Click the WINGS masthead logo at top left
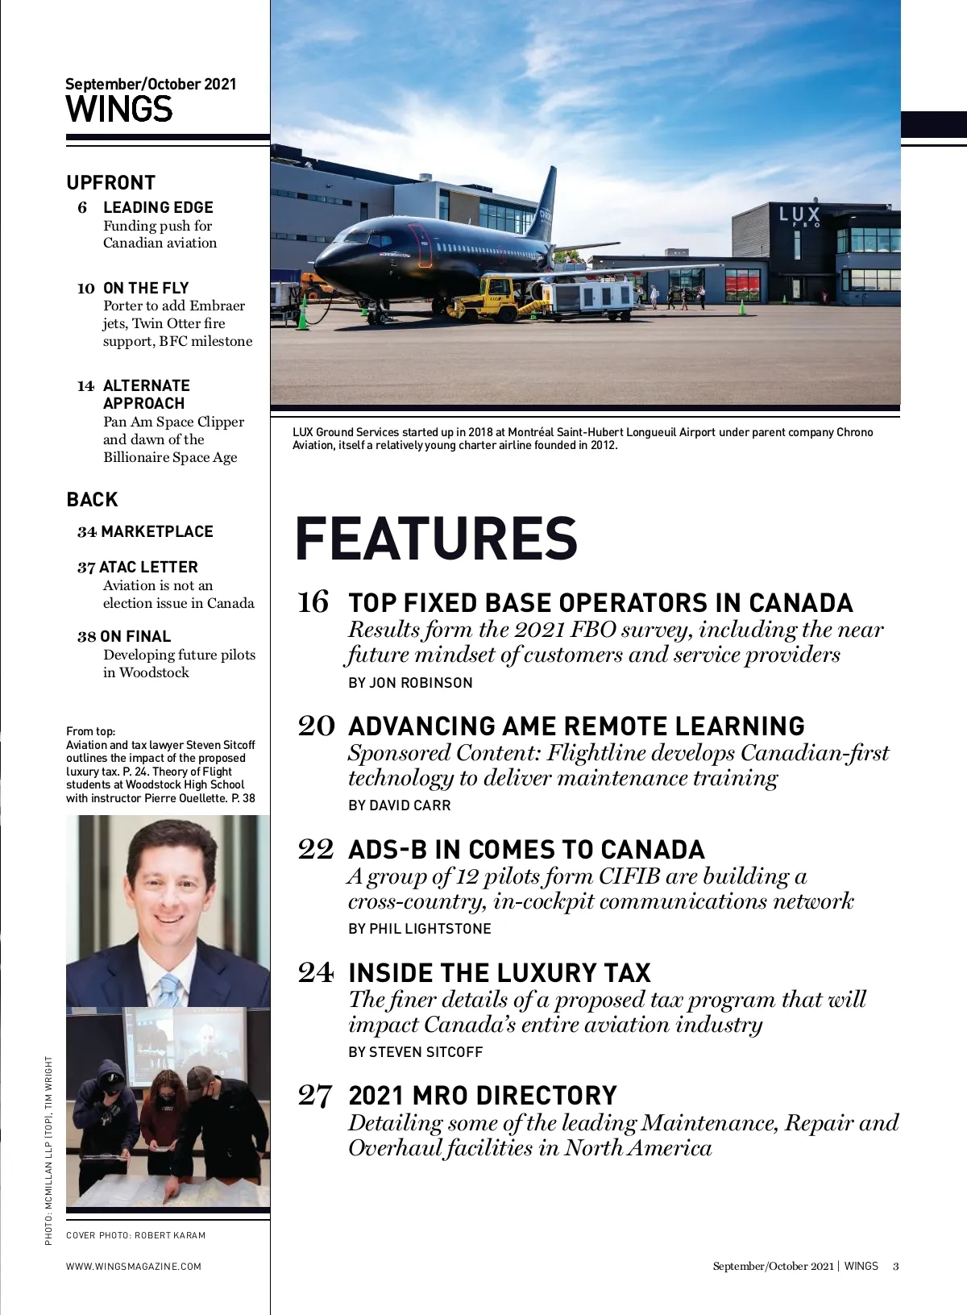pos(119,110)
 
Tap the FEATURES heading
pos(436,539)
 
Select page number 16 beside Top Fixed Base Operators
pos(313,602)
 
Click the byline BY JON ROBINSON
pos(410,683)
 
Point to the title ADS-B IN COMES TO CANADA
pos(526,850)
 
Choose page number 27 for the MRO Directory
pos(314,1095)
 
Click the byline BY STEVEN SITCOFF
pos(415,1052)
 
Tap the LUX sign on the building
pos(799,215)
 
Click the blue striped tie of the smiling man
pos(169,990)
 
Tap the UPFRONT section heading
pos(110,183)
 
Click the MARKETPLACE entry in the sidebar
pos(156,532)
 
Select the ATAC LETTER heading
pos(147,568)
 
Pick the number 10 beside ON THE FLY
pos(86,289)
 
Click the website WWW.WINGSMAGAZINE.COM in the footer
pos(134,1266)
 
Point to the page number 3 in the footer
pos(895,1266)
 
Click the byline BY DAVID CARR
pos(399,805)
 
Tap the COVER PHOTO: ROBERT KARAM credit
pos(135,1235)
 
